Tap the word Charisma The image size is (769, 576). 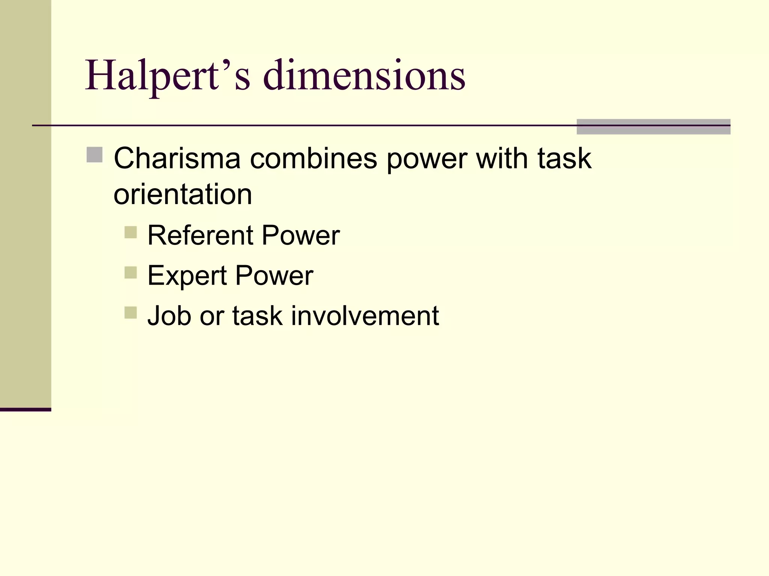177,159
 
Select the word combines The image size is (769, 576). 313,159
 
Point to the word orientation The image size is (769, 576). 182,195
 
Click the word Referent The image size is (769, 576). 201,235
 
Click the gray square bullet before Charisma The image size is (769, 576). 94,155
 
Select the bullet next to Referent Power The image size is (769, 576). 131,232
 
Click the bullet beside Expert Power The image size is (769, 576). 131,272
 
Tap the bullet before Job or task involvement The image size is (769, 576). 131,312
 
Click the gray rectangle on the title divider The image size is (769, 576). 653,127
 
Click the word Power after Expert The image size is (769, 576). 274,276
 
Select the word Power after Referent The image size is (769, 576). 300,235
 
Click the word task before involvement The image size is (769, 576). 257,316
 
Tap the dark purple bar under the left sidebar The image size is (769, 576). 25,409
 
